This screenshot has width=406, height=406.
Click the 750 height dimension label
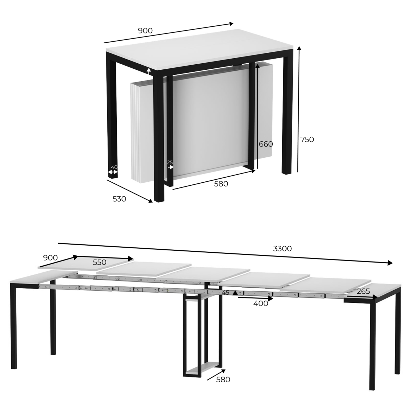pos(307,139)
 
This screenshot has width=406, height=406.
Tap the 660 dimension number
pos(266,144)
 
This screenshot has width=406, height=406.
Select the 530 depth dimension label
pos(119,199)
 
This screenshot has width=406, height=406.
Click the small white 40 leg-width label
pos(114,167)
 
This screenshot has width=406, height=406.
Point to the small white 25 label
pos(170,162)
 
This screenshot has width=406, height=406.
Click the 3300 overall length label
pos(282,249)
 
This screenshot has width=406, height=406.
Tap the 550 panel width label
pos(99,262)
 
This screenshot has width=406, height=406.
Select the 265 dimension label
pos(363,291)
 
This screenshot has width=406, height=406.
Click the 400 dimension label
pos(261,303)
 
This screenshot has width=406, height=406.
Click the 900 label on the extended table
pos(50,258)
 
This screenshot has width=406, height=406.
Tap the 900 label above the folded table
pos(145,31)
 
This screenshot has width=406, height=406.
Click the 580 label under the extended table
pos(223,380)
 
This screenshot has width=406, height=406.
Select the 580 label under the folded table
pos(221,184)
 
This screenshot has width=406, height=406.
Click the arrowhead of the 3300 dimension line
pos(390,263)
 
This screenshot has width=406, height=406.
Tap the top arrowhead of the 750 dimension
pos(299,48)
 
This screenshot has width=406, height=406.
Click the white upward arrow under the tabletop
pos(149,71)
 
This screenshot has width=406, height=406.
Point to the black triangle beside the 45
pos(235,293)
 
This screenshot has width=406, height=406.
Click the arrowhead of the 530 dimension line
pos(151,201)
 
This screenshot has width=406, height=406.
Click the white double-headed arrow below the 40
pos(113,172)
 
